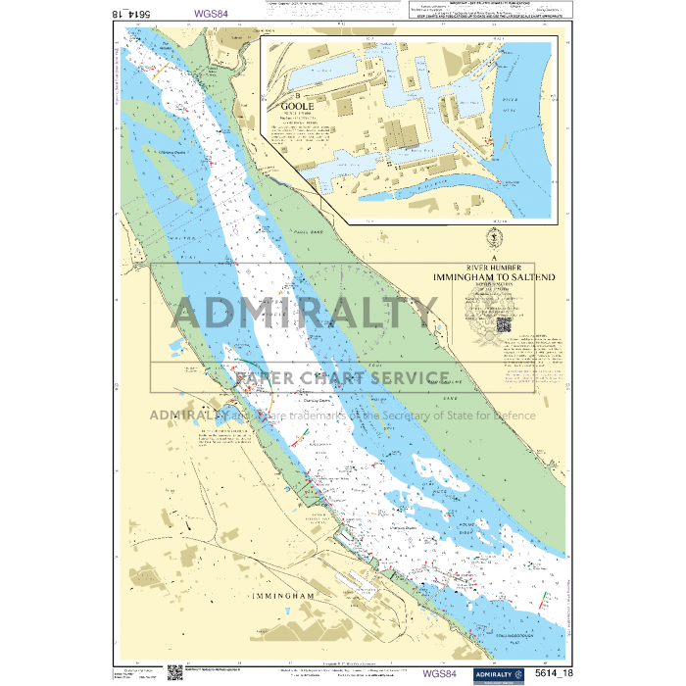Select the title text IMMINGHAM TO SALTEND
pos(498,278)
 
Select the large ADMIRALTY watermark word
pos(305,314)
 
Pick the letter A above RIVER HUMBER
pos(497,256)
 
